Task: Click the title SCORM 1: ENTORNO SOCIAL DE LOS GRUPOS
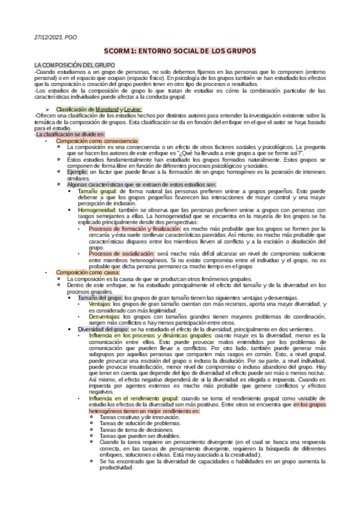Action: coord(180,52)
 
